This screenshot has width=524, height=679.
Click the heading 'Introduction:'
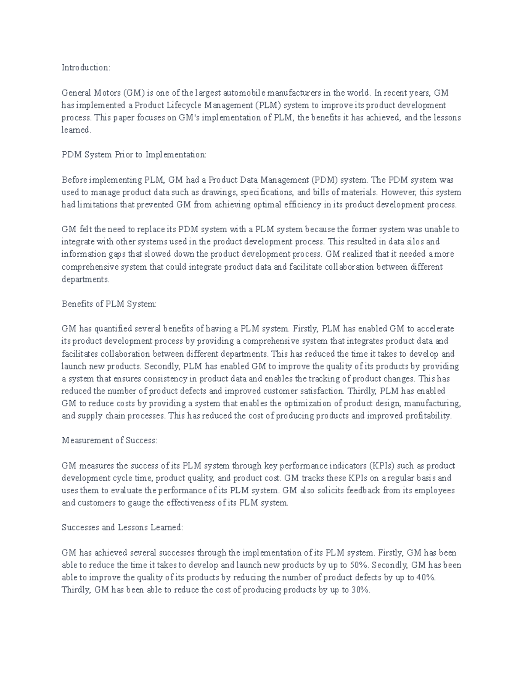[86, 68]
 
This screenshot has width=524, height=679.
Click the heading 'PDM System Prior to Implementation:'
[134, 155]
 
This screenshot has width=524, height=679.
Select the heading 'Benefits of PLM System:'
[109, 304]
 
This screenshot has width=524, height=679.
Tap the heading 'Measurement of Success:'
[109, 440]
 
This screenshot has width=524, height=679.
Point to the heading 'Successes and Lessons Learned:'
[122, 527]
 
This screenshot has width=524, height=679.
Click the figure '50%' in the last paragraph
[359, 565]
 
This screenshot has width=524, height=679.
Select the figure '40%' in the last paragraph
[426, 577]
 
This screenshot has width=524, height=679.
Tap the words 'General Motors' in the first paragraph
[90, 93]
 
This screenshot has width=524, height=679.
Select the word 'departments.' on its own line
[86, 279]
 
